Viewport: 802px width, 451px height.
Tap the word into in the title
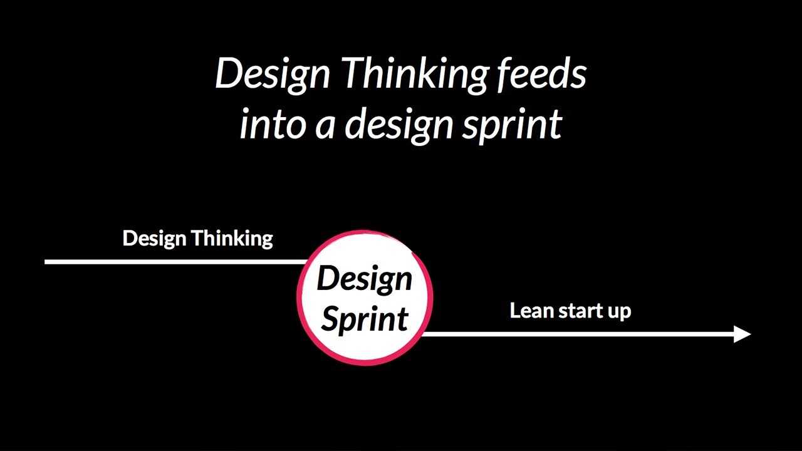[x=271, y=124]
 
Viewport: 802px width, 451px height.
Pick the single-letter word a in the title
[x=325, y=125]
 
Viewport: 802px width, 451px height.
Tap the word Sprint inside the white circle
[x=365, y=319]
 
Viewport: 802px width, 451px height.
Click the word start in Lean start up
[x=580, y=311]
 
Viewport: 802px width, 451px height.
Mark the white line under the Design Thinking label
[x=175, y=261]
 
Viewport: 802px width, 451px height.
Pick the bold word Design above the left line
[x=154, y=239]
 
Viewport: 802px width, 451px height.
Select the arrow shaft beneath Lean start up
[x=576, y=334]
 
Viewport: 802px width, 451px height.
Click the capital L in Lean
[x=515, y=311]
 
